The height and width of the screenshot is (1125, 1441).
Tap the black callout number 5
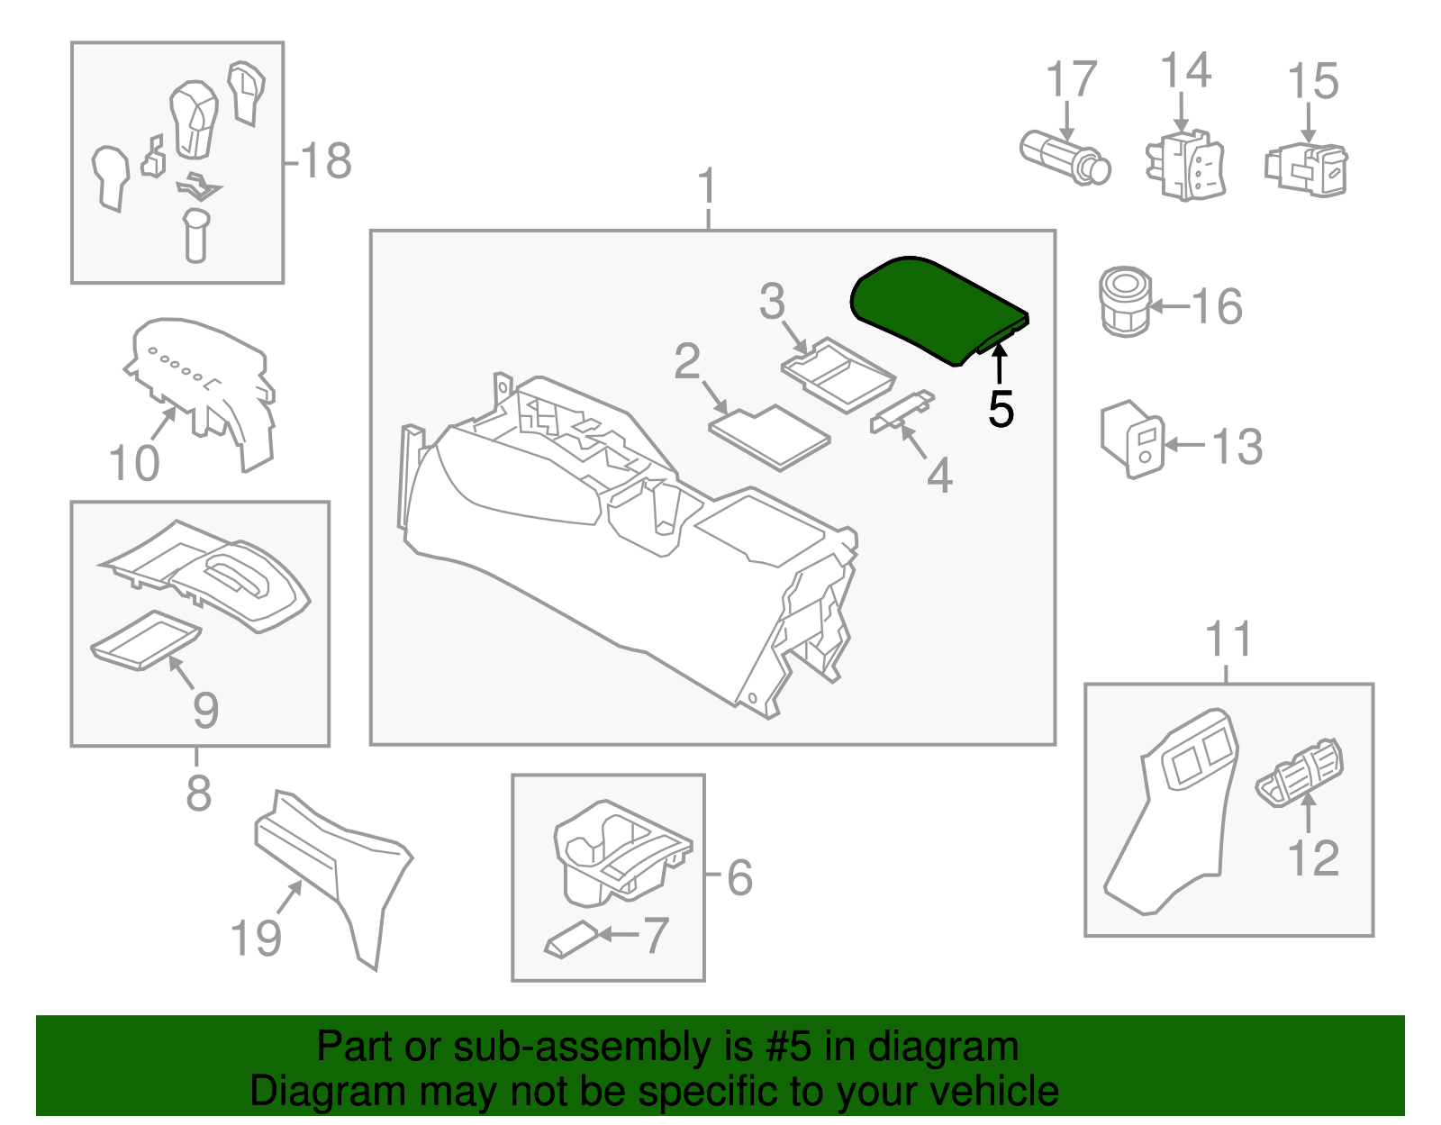(1001, 410)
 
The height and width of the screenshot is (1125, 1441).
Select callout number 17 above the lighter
(1071, 80)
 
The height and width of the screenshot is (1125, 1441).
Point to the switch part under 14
(1184, 166)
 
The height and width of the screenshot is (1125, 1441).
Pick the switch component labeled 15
(1307, 168)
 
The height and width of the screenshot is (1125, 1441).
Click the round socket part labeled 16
(1124, 301)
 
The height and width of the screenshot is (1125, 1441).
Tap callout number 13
(1237, 447)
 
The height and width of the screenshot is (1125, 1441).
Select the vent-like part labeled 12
(1299, 773)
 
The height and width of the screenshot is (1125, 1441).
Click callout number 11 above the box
(1228, 640)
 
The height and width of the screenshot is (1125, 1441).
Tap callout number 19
(257, 938)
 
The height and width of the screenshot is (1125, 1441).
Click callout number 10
(134, 465)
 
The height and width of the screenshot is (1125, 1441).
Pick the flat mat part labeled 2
(769, 436)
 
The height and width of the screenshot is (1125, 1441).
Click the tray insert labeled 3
(837, 373)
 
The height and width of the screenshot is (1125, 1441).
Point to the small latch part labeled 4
(901, 412)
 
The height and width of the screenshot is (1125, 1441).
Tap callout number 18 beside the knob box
(325, 162)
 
